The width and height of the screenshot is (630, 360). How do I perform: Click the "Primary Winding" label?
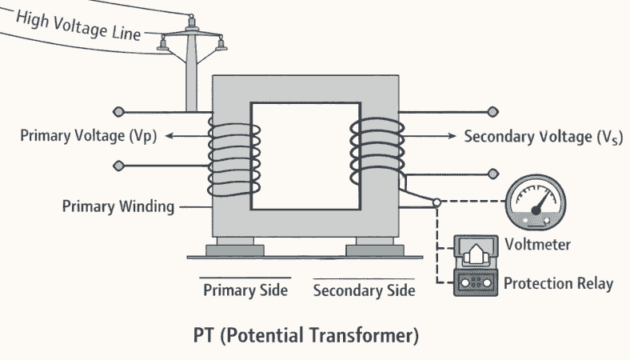click(118, 206)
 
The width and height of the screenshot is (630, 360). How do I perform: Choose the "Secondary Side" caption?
click(364, 290)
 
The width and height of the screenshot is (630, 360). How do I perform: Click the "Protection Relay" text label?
click(559, 283)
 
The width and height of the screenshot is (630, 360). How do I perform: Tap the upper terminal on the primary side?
click(119, 111)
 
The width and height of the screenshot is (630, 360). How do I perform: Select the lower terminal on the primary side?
click(119, 166)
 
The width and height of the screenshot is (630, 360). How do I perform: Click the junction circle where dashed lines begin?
click(437, 203)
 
